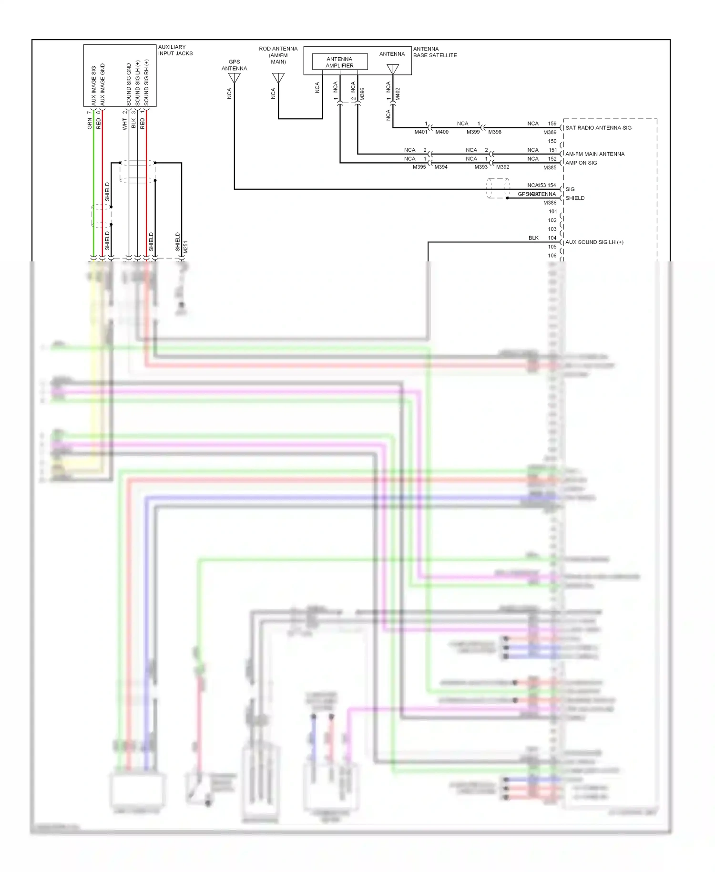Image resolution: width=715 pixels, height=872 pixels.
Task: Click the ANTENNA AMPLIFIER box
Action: pos(339,62)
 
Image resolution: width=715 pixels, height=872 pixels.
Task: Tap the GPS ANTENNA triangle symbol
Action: pos(234,78)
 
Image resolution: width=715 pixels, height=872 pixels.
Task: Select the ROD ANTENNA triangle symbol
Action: pos(278,78)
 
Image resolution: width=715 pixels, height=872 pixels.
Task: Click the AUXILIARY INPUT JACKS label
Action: pos(175,50)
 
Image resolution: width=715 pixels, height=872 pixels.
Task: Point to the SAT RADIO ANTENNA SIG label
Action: pos(598,128)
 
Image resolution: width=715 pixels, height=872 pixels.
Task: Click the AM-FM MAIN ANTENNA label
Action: pos(595,154)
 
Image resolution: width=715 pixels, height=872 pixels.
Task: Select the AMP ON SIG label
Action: pos(581,163)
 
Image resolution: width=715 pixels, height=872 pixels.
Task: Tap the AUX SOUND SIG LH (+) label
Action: pos(594,242)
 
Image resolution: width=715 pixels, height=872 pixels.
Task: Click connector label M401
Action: pos(420,132)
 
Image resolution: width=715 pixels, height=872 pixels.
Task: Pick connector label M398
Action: pos(494,132)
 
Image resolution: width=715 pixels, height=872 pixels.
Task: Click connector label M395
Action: pos(419,167)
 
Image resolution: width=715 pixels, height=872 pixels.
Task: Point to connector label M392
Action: pos(502,167)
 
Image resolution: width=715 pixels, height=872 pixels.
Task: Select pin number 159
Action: pos(552,124)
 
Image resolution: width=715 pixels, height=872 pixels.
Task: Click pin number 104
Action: pos(552,238)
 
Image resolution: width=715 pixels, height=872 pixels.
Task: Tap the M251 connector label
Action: pos(185,247)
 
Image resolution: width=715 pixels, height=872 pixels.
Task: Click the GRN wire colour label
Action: pos(90,124)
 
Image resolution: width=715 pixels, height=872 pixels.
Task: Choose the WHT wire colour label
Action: pos(125,124)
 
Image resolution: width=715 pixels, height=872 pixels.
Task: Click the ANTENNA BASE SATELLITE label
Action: pos(435,52)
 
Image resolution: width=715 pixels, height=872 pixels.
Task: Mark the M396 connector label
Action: pos(362,93)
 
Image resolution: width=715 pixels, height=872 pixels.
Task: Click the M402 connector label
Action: pos(398,93)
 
